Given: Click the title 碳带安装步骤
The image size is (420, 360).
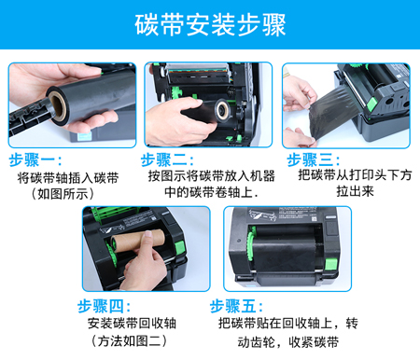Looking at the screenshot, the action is tap(210, 25).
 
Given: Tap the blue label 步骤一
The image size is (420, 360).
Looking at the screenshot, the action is tap(35, 160).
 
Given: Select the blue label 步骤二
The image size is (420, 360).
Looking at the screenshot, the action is tap(167, 160).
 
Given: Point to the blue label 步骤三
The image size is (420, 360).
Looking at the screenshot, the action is tap(314, 160).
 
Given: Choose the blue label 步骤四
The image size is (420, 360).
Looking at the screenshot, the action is tap(104, 307).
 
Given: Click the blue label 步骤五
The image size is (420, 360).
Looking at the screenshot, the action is tap(236, 307).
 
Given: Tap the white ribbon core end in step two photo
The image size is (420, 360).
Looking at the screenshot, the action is tap(223, 109).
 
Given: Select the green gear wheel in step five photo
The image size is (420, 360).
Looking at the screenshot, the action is tap(251, 244).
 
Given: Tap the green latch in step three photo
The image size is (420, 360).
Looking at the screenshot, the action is tap(371, 104).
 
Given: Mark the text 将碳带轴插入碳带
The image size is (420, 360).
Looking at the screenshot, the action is tap(68, 178).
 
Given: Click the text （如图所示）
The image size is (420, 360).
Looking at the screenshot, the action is tap(63, 194).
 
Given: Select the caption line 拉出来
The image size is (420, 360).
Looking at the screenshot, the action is tap(355, 191).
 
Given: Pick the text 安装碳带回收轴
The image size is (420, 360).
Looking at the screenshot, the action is tap(132, 324).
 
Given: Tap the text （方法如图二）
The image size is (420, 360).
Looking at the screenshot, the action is tap(129, 341).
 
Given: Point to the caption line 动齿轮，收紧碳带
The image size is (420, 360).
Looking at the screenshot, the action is tap(288, 342).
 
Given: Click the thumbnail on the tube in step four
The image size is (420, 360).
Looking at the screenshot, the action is tap(148, 237).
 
